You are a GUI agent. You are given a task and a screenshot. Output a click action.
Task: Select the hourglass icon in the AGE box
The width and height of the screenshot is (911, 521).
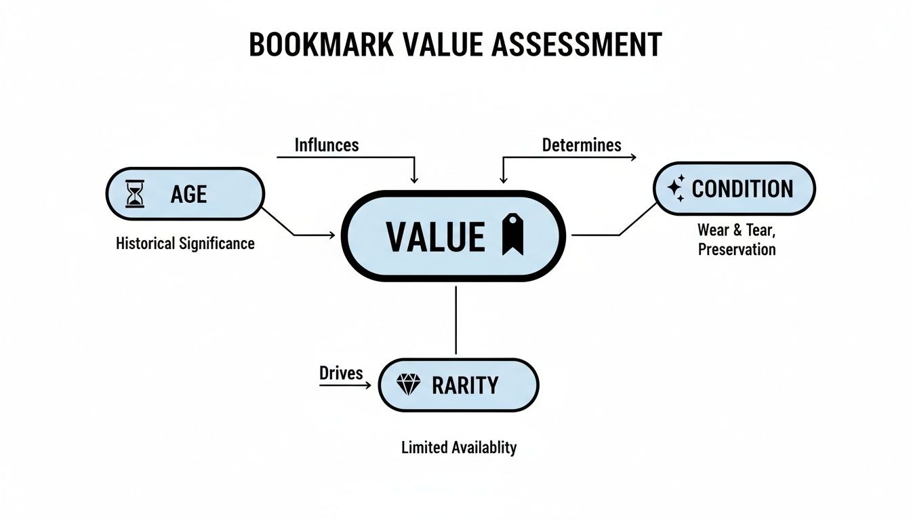click(136, 194)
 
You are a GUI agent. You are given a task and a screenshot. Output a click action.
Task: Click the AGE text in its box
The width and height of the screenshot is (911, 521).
click(188, 195)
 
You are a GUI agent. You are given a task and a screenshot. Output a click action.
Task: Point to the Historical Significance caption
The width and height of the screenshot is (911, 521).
click(185, 243)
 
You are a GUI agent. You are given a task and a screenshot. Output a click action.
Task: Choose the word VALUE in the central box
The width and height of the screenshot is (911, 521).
click(435, 236)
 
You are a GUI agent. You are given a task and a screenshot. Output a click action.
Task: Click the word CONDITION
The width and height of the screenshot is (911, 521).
click(742, 189)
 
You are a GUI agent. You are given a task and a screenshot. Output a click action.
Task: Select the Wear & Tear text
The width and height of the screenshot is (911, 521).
click(736, 231)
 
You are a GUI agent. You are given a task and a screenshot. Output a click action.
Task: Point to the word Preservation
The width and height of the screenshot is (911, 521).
click(736, 249)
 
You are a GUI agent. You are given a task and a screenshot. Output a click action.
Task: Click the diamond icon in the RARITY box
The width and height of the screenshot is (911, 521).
click(408, 385)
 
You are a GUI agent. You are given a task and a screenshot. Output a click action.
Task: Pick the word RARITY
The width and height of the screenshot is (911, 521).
click(465, 385)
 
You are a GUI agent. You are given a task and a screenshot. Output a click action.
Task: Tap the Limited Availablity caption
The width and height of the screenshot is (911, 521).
click(459, 448)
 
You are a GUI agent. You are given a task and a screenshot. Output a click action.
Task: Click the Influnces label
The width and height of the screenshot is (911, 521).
click(327, 144)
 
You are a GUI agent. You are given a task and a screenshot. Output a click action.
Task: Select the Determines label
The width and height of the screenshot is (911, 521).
click(582, 144)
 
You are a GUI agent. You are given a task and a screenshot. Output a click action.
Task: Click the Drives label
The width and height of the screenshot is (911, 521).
click(341, 372)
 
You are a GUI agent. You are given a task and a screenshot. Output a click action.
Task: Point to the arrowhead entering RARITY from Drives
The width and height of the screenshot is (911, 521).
click(367, 385)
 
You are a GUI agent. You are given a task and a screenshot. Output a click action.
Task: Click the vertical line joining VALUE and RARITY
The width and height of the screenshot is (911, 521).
click(455, 319)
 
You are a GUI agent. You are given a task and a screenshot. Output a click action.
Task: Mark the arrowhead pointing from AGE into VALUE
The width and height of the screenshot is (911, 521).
click(331, 235)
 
